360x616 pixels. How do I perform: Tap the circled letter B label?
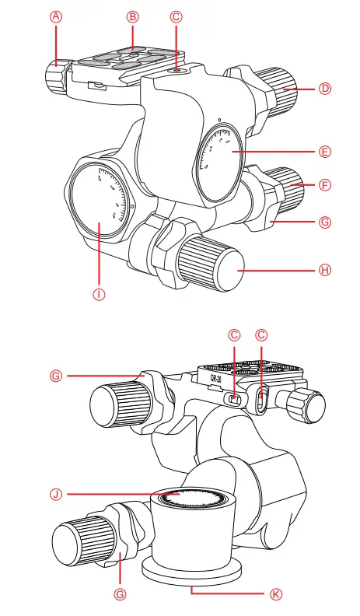tap(133, 16)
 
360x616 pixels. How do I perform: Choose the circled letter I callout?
tap(100, 294)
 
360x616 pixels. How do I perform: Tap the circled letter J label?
tap(55, 493)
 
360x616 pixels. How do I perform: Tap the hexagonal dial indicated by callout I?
tap(100, 201)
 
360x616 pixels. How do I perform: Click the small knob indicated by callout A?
tap(55, 78)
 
